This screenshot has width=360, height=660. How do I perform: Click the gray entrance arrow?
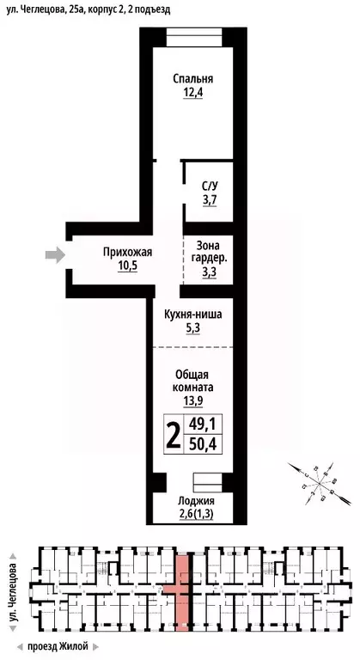coord(54,254)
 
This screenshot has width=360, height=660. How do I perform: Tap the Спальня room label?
coord(192,79)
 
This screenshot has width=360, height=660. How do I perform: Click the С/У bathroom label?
coord(210,186)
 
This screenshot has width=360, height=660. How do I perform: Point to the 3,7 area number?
coord(210,199)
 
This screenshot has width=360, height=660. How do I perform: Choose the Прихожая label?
coord(127,252)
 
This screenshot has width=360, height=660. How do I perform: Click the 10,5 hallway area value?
coord(127,266)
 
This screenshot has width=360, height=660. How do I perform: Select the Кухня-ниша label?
coord(192,315)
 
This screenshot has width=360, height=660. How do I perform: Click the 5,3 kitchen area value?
coord(192,328)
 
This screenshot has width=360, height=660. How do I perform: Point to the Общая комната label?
coord(192,382)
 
